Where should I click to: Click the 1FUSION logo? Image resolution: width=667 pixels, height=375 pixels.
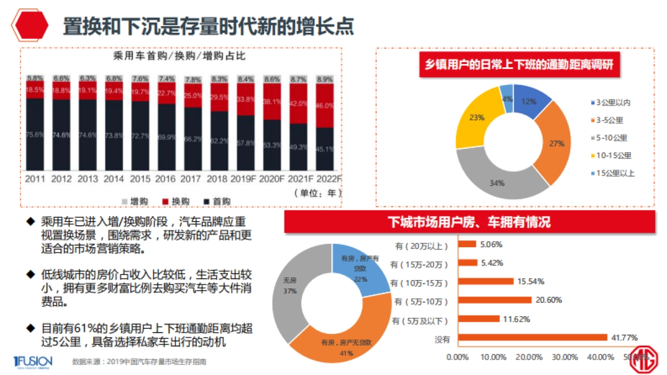point(33,362)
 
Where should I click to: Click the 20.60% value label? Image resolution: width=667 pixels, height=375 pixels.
point(549,300)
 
